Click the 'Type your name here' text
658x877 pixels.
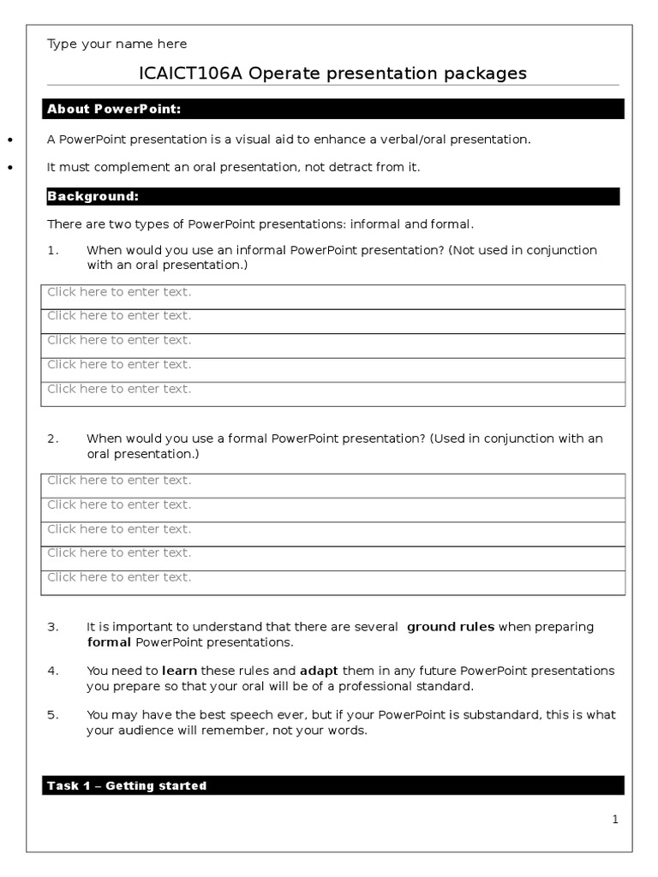(117, 44)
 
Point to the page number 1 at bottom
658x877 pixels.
(614, 820)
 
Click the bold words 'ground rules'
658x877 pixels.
(450, 627)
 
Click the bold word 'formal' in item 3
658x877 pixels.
(109, 642)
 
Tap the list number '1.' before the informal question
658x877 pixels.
(53, 250)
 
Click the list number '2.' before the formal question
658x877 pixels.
(53, 438)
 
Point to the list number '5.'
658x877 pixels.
(53, 714)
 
